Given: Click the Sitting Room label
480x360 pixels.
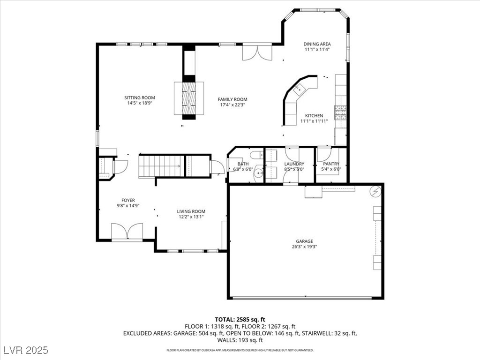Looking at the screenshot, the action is [140, 97].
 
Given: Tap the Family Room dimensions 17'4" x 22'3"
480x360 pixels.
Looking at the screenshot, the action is [232, 105].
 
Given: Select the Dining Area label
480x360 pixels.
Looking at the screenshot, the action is [317, 44].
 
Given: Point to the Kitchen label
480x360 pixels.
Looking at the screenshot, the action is [314, 116].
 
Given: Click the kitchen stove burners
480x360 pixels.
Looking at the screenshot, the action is [340, 112].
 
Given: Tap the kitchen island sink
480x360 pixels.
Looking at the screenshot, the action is [299, 90].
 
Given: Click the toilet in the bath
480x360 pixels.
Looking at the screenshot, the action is [256, 154].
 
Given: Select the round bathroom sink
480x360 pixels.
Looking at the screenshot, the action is [259, 173].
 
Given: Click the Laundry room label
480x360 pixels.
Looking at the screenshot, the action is [294, 164].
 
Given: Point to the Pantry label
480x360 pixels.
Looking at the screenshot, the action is [331, 164].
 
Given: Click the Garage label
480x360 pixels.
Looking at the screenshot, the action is [304, 241].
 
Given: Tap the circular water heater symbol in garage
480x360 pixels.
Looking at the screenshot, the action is [375, 192].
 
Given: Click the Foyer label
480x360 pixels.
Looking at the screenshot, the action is [128, 201].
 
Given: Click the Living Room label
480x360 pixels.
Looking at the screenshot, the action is [191, 211].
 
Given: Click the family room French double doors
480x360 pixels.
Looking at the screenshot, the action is [257, 52].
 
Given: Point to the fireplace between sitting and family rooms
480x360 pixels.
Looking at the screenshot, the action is [189, 98].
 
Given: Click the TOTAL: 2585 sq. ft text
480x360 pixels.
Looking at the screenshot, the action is [240, 320].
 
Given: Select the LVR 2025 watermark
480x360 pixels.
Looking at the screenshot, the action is [26, 350].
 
